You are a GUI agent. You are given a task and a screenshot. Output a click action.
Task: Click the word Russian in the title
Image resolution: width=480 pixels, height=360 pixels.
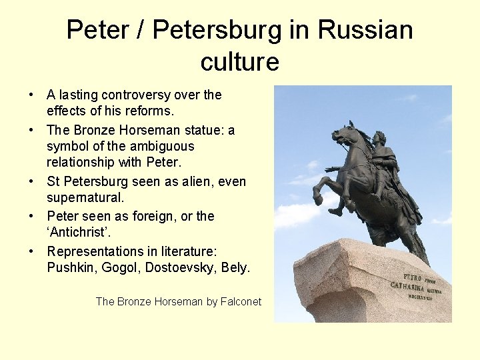pyautogui.click(x=365, y=30)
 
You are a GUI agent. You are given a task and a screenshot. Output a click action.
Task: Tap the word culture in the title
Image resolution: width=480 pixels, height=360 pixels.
pyautogui.click(x=239, y=62)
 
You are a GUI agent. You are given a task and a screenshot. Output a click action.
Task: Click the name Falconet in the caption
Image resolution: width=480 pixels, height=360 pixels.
pyautogui.click(x=241, y=302)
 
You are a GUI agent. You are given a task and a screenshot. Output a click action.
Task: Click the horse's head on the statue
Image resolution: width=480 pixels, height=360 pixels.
pyautogui.click(x=343, y=135)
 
